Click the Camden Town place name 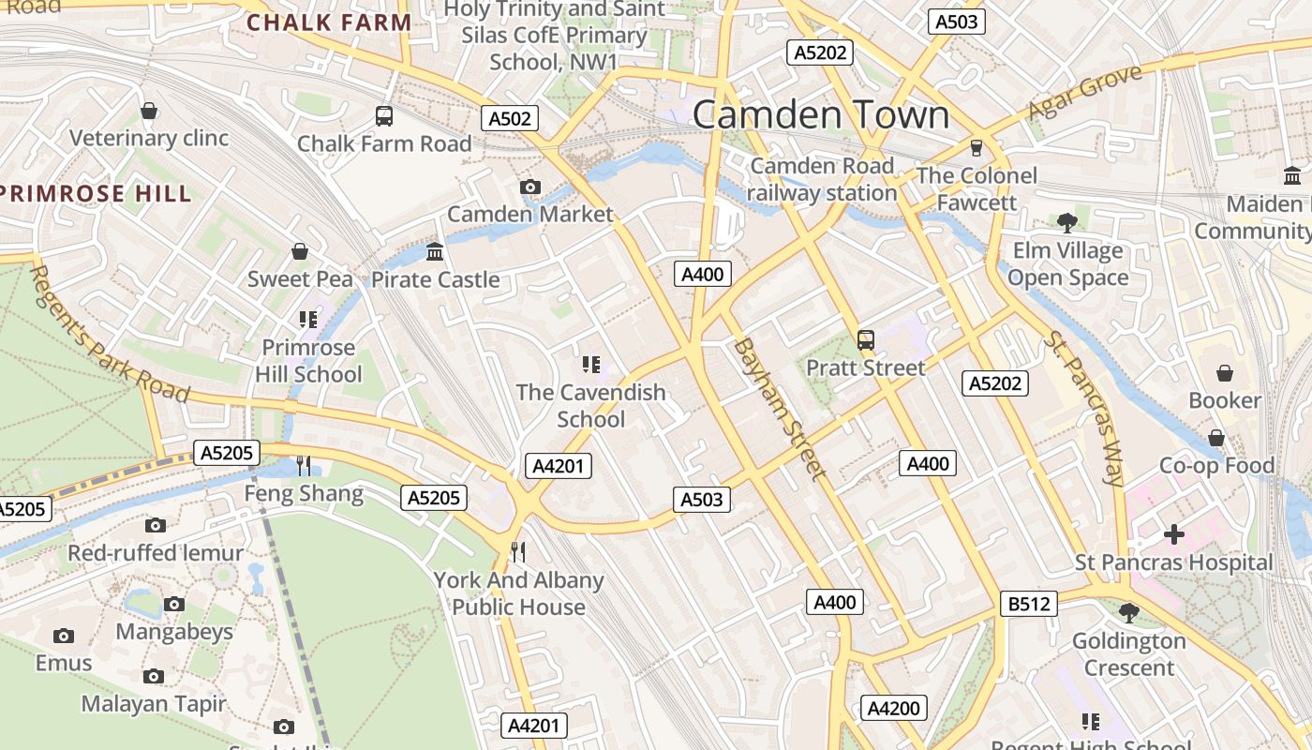[x=820, y=115]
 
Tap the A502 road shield [x=511, y=118]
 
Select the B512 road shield [x=1028, y=604]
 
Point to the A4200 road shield [x=894, y=708]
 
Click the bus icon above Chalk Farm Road [x=384, y=116]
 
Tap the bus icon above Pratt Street [x=866, y=340]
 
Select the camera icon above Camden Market [x=530, y=187]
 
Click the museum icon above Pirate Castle [x=435, y=251]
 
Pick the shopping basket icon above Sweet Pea [x=300, y=251]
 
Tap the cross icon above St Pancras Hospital [x=1173, y=534]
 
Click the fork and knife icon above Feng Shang [x=304, y=465]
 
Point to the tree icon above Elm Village [x=1066, y=222]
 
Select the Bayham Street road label [x=780, y=409]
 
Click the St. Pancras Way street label [x=1084, y=409]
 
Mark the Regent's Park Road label [x=109, y=333]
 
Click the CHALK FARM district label [x=329, y=22]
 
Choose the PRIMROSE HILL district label [x=96, y=194]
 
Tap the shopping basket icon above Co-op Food [x=1216, y=438]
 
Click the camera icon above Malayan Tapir [x=154, y=676]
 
